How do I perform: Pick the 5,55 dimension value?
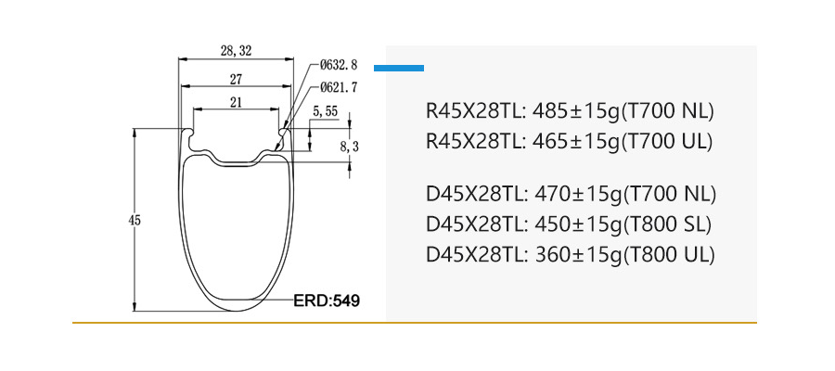pyautogui.click(x=325, y=111)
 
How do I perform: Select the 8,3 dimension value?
pyautogui.click(x=349, y=147)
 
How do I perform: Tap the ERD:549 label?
pyautogui.click(x=326, y=301)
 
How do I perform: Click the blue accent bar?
pyautogui.click(x=398, y=68)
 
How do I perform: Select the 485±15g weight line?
pyautogui.click(x=569, y=112)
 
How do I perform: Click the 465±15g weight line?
pyautogui.click(x=569, y=142)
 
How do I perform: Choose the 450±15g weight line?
pyautogui.click(x=569, y=224)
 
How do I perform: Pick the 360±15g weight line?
pyautogui.click(x=570, y=254)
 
